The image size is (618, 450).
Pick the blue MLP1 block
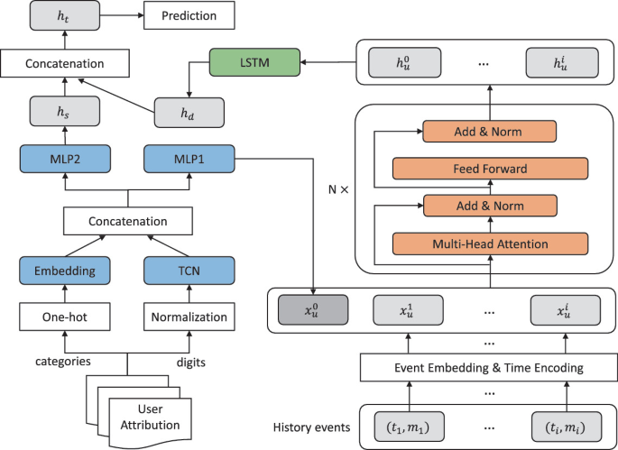pyautogui.click(x=188, y=160)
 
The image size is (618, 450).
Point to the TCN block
pyautogui.click(x=188, y=270)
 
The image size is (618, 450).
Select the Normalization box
pyautogui.click(x=188, y=317)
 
